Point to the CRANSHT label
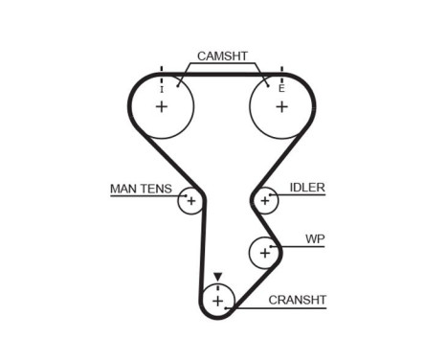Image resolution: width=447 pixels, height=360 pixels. tap(298, 300)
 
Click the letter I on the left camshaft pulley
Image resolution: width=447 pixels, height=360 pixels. tap(161, 88)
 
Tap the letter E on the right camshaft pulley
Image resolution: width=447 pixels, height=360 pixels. tap(281, 88)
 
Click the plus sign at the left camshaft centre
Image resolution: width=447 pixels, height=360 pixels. tap(161, 105)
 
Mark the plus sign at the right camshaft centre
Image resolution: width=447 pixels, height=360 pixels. tap(281, 105)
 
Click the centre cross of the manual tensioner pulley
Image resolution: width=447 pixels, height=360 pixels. tap(190, 201)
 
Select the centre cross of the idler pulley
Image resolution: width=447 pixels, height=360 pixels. tap(264, 201)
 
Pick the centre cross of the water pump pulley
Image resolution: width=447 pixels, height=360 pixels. tap(263, 253)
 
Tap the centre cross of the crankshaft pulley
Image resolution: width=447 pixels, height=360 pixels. tap(218, 303)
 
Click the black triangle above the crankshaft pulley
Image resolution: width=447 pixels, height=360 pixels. tap(218, 278)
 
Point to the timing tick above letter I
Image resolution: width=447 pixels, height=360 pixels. tap(161, 72)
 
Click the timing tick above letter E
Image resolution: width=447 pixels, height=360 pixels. tap(281, 72)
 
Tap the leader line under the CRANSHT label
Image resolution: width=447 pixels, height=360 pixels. tap(287, 308)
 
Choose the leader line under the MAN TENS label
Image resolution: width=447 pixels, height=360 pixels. tap(144, 195)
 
